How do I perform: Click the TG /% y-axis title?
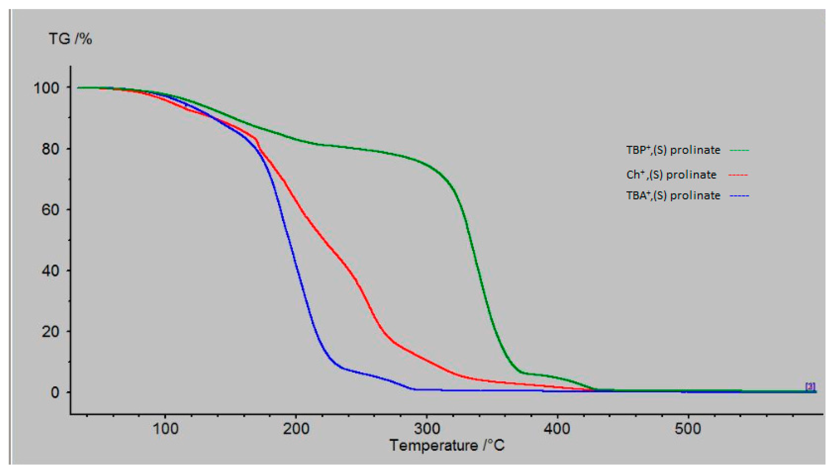[70, 39]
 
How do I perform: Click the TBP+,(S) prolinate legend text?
[673, 150]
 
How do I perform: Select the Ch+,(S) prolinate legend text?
[671, 175]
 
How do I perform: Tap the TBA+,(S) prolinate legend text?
[673, 195]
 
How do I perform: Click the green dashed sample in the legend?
[739, 150]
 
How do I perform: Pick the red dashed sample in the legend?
[738, 175]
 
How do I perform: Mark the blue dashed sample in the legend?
[739, 196]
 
